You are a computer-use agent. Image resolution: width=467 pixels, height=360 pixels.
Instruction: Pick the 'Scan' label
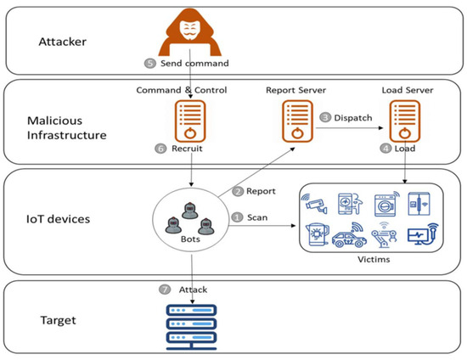click(256, 218)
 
